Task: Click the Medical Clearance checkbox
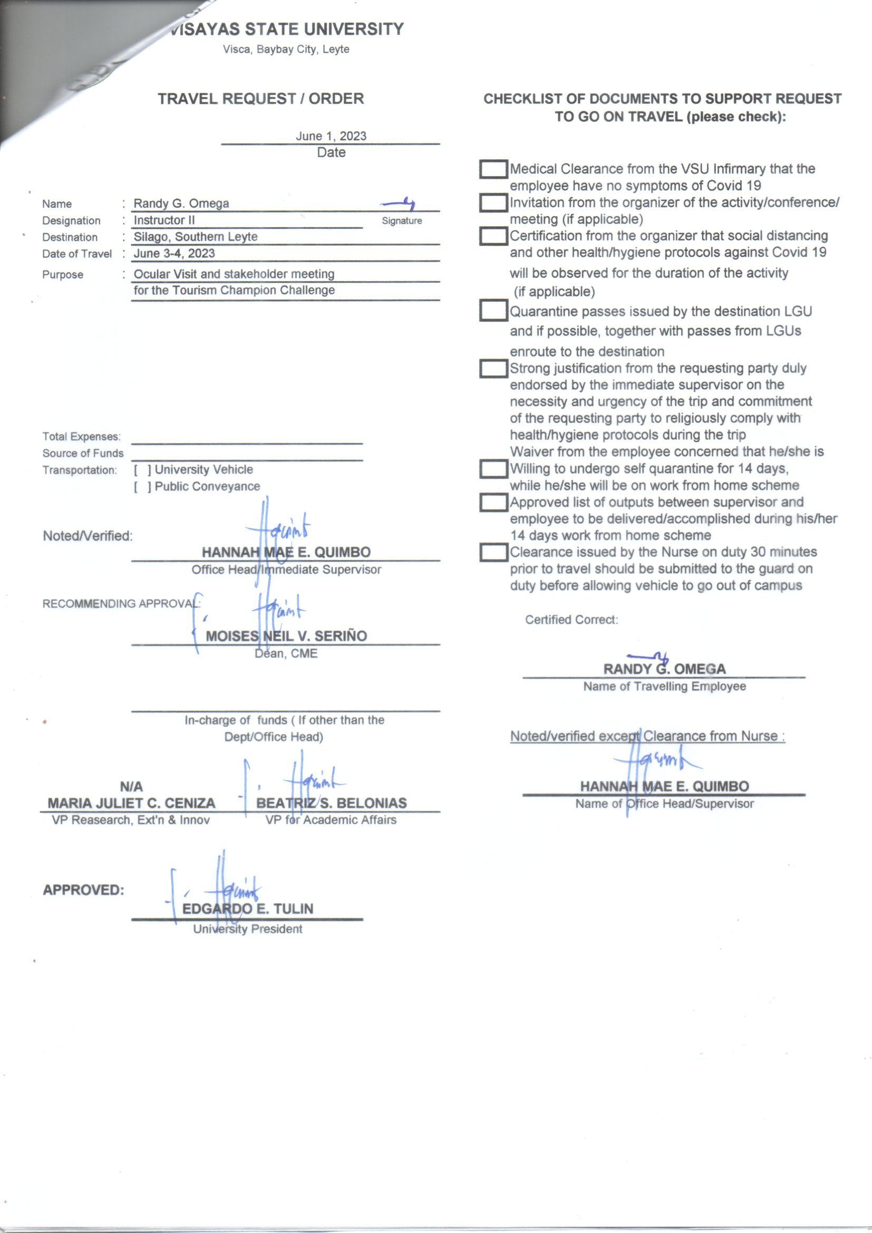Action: [493, 169]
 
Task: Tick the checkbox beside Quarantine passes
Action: [493, 311]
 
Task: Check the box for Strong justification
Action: [493, 369]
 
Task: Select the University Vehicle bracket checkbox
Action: [142, 470]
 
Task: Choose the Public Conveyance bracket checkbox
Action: [142, 487]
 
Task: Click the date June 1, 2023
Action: [331, 136]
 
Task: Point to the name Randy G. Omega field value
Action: [181, 204]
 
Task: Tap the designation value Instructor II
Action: [164, 220]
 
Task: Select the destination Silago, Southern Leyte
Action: [196, 237]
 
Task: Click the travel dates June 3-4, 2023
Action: [174, 254]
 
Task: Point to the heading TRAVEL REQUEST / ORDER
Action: [260, 99]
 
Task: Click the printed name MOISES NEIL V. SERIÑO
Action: [286, 637]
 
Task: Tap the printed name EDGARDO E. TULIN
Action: [248, 909]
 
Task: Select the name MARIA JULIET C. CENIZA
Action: [131, 803]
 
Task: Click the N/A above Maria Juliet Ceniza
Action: [131, 787]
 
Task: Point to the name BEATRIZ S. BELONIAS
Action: [331, 803]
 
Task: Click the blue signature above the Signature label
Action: [399, 204]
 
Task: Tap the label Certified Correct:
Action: [571, 620]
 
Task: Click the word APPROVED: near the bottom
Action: [83, 890]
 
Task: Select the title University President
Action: [248, 929]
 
